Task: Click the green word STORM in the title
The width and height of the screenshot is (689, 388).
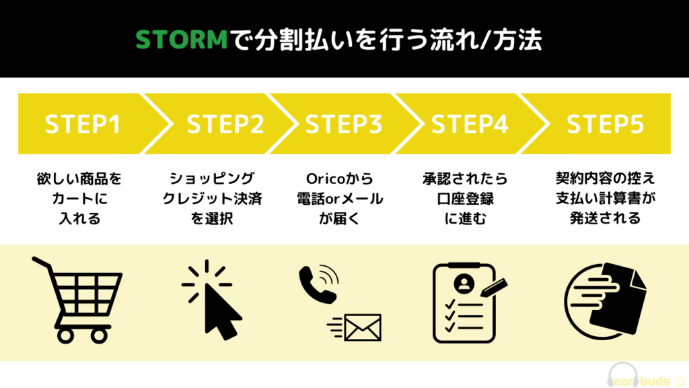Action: tap(183, 40)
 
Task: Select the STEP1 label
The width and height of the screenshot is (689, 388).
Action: tap(82, 125)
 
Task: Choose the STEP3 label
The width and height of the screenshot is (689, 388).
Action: tap(344, 125)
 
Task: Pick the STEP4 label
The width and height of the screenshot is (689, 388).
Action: tap(470, 125)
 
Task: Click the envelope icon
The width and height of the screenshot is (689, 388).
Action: tap(363, 327)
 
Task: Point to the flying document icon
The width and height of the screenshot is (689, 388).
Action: tap(606, 300)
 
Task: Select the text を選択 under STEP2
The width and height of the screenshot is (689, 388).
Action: tap(212, 218)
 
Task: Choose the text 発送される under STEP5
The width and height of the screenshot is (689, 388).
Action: tap(602, 218)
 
